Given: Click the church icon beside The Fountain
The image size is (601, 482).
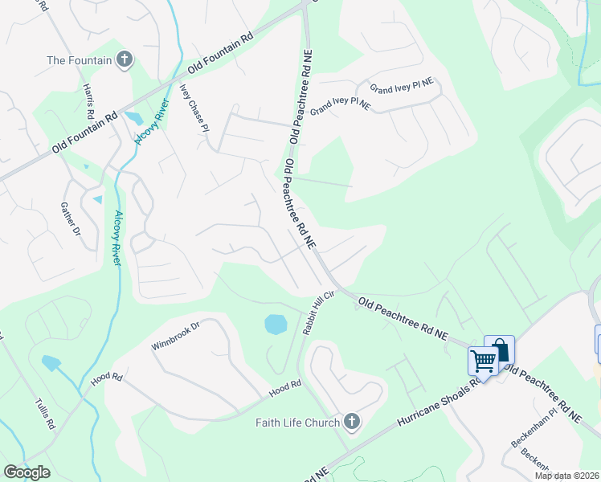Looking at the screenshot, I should (x=124, y=59).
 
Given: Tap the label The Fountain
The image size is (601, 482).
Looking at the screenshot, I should (x=79, y=59).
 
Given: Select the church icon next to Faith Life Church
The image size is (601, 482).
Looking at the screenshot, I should (x=350, y=422).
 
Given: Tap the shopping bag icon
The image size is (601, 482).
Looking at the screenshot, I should (x=500, y=349).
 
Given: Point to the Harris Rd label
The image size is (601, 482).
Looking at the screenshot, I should (x=89, y=100).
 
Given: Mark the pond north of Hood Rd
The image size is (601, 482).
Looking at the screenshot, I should (x=275, y=324).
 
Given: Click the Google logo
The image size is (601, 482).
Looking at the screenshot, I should (x=27, y=472).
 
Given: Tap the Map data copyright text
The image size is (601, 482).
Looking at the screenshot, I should (x=566, y=476).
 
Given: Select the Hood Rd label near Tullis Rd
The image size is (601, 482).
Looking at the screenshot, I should (x=105, y=378).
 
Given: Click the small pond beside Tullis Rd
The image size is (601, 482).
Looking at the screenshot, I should (x=50, y=362).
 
